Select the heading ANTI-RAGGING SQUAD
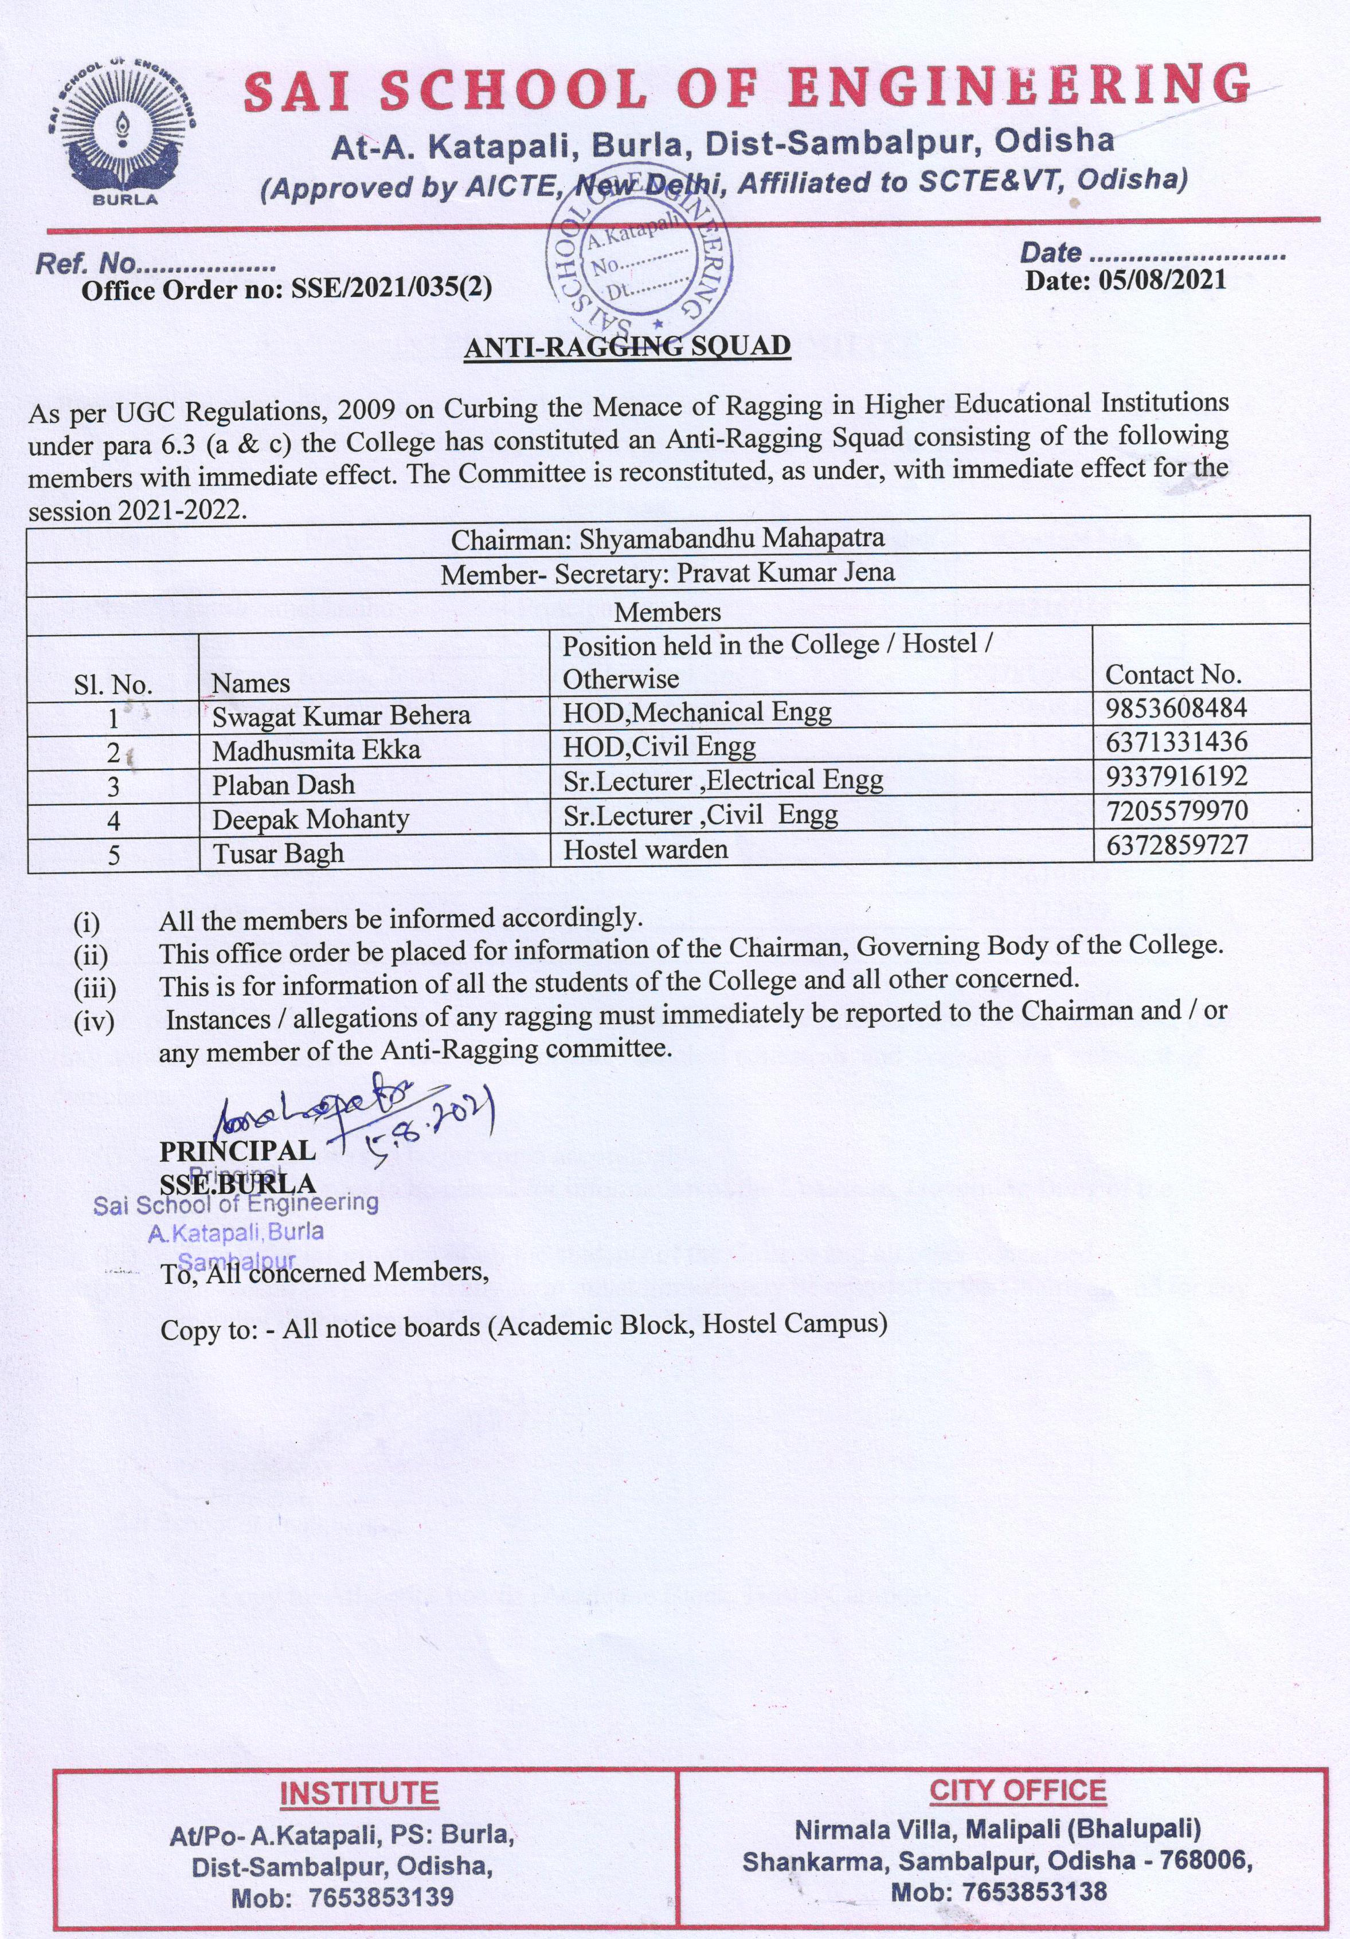pos(627,346)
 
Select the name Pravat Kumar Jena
pos(786,573)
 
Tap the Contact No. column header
pos(1173,674)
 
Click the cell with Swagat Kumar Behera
pos(341,715)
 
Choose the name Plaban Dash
pos(283,785)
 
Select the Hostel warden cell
pos(645,849)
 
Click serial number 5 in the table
pos(113,855)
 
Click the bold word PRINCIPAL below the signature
pos(237,1150)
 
